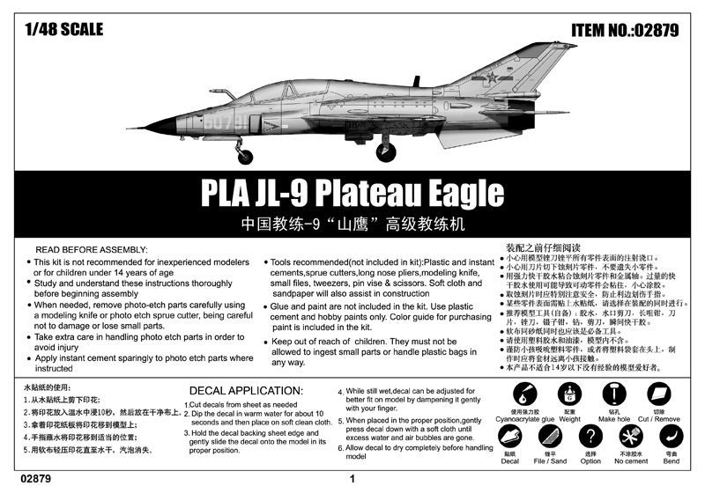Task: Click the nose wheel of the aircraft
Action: (245, 157)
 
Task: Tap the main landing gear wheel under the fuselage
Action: (385, 152)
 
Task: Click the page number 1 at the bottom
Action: (352, 479)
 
